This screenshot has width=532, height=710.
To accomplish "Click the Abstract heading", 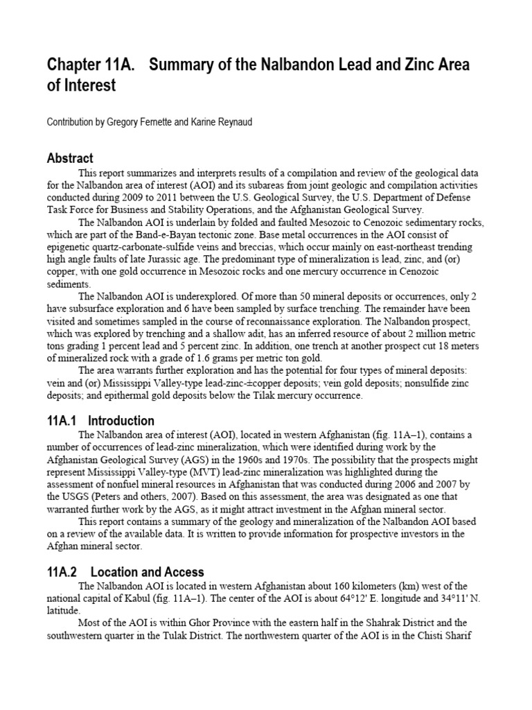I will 70,158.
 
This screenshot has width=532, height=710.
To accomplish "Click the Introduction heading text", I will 121,421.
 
